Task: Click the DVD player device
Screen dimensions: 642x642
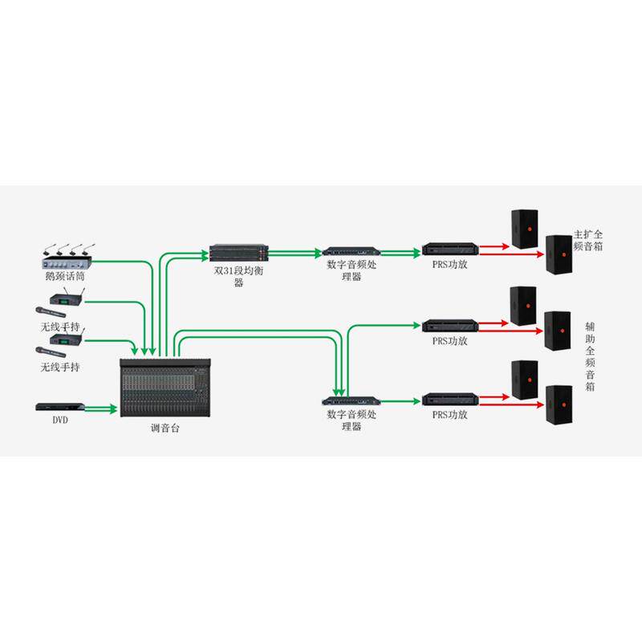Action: point(58,407)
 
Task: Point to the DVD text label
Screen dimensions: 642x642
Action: point(60,420)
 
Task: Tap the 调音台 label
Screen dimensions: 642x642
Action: point(165,429)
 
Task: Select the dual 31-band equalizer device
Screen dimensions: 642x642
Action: point(239,254)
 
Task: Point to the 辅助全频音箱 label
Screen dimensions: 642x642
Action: point(590,357)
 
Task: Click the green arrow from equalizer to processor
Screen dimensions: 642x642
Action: point(297,254)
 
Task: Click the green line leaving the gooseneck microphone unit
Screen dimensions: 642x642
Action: point(120,260)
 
